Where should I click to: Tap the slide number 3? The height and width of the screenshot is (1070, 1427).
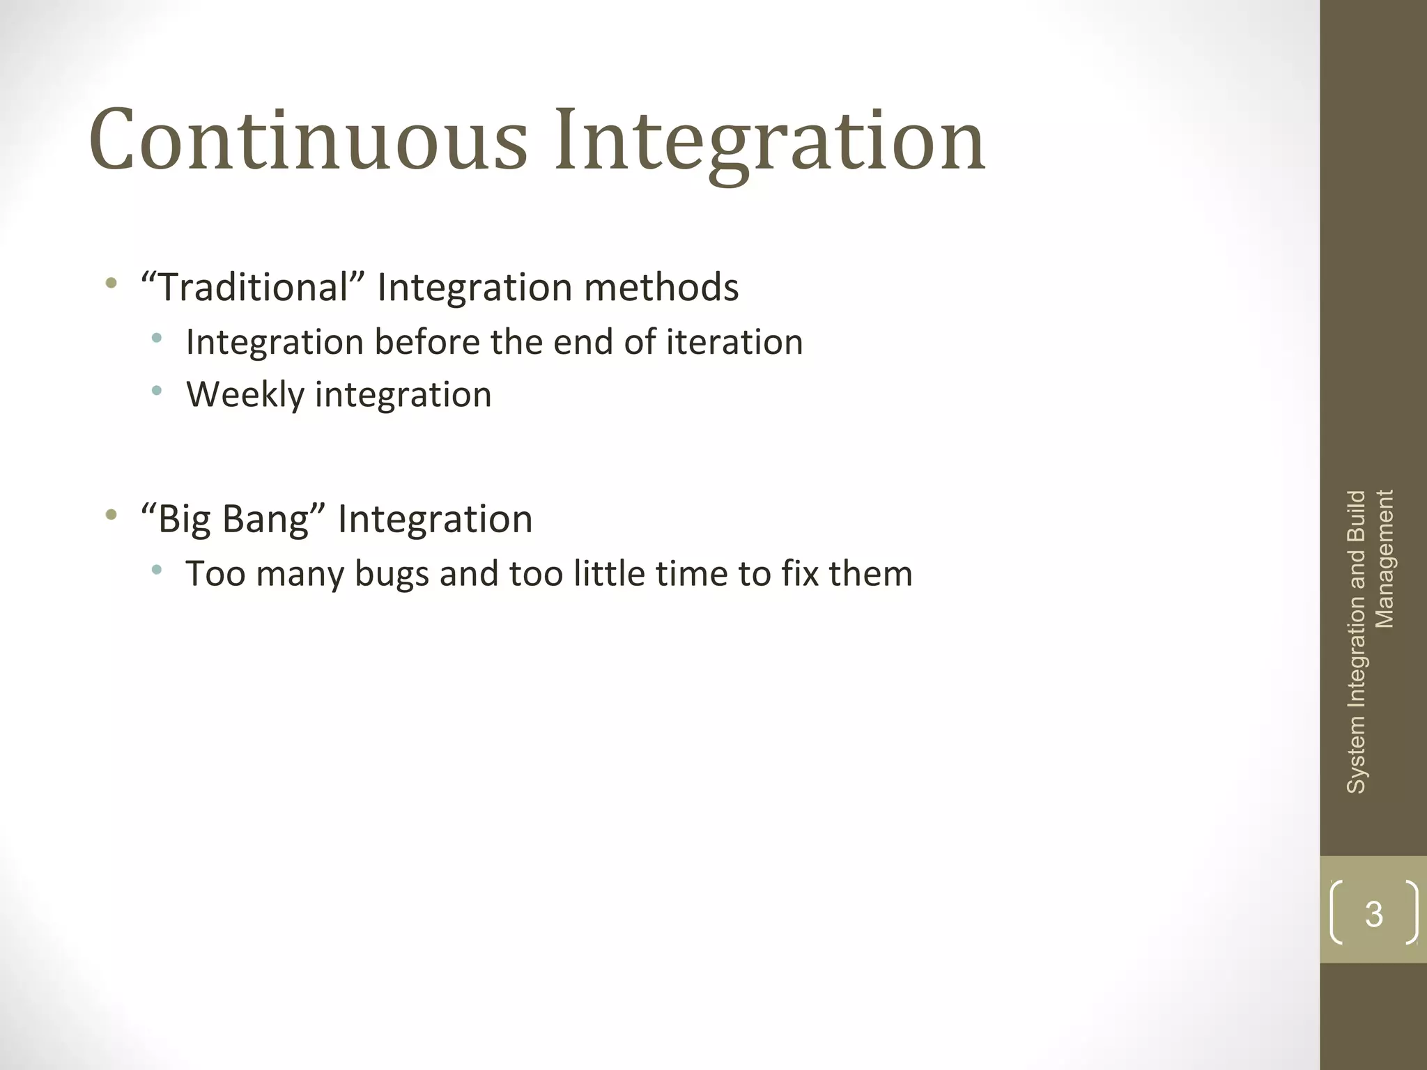(x=1373, y=914)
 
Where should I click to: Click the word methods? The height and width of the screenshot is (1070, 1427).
(x=661, y=287)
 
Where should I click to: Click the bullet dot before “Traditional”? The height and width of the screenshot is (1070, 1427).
(x=110, y=284)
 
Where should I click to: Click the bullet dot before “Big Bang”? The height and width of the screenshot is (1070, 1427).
(x=110, y=515)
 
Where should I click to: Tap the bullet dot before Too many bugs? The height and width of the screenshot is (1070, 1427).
(x=157, y=570)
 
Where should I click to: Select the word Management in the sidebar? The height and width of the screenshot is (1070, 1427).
(x=1384, y=559)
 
